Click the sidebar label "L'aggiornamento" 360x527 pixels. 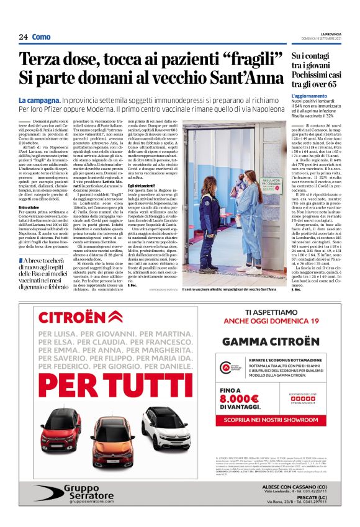coord(308,96)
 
